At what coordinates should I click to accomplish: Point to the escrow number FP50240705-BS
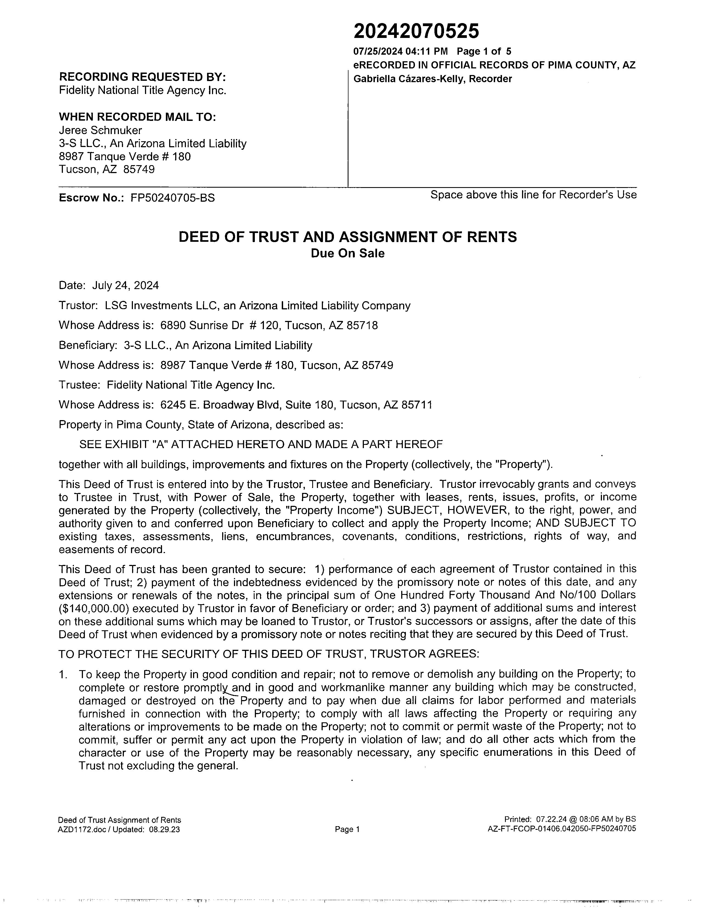(172, 198)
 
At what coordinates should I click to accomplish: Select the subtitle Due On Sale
(347, 253)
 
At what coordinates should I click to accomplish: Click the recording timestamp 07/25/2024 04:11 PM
(400, 52)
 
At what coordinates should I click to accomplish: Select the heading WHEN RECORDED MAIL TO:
(137, 117)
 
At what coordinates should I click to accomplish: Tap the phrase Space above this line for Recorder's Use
(533, 195)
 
